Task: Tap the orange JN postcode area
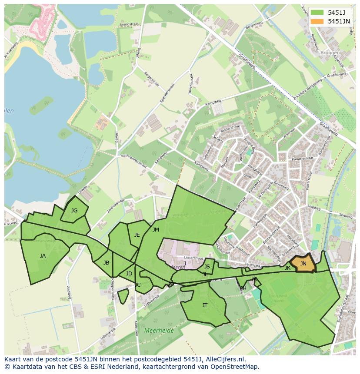click(303, 264)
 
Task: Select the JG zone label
click(74, 211)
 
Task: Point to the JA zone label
click(43, 256)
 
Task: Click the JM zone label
click(156, 230)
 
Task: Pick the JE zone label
click(137, 235)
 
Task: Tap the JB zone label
click(106, 263)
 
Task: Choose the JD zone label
click(129, 274)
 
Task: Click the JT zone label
click(205, 305)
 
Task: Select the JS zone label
click(207, 267)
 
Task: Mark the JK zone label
click(287, 268)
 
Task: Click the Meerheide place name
click(159, 331)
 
